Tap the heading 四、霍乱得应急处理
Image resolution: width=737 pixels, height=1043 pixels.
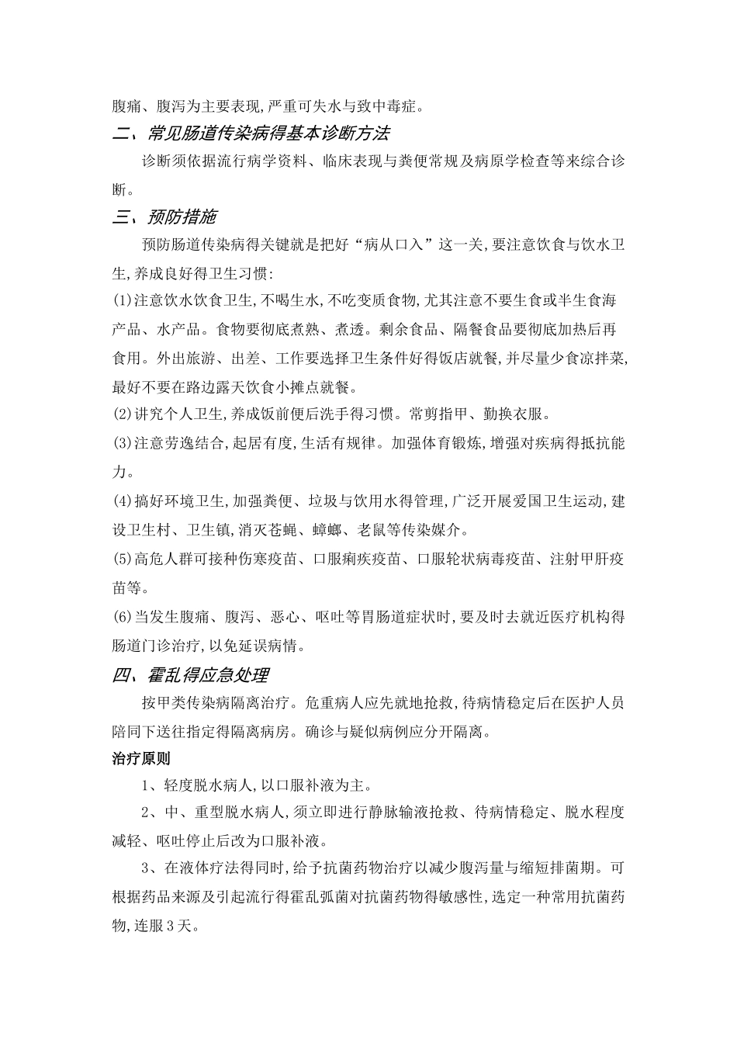click(x=191, y=675)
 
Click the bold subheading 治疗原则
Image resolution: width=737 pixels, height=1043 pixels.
click(x=141, y=758)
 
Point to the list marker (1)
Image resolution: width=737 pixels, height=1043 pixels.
click(x=123, y=300)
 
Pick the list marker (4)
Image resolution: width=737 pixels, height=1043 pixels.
click(x=123, y=501)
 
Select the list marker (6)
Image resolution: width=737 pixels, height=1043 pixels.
click(x=123, y=617)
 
